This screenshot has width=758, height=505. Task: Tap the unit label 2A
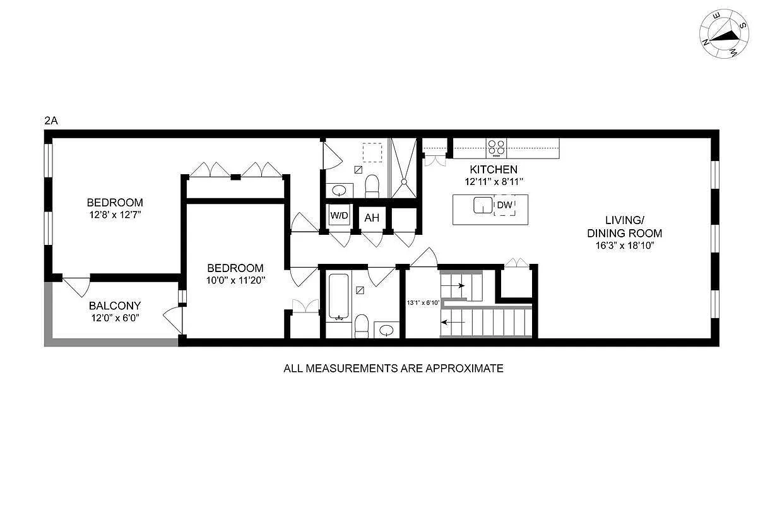pyautogui.click(x=51, y=121)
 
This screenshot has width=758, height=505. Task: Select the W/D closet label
pyautogui.click(x=339, y=216)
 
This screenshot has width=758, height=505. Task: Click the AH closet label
pyautogui.click(x=372, y=218)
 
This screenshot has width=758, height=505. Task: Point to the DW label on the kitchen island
pyautogui.click(x=504, y=205)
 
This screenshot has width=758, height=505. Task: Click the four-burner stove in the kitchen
pyautogui.click(x=496, y=148)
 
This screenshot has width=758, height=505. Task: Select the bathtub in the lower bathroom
pyautogui.click(x=338, y=295)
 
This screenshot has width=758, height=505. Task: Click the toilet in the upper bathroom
pyautogui.click(x=372, y=184)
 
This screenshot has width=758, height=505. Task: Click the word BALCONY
pyautogui.click(x=114, y=306)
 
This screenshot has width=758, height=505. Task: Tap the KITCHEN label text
pyautogui.click(x=494, y=169)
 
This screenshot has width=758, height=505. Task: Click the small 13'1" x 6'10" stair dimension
pyautogui.click(x=422, y=302)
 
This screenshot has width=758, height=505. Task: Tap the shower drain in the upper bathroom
pyautogui.click(x=404, y=181)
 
